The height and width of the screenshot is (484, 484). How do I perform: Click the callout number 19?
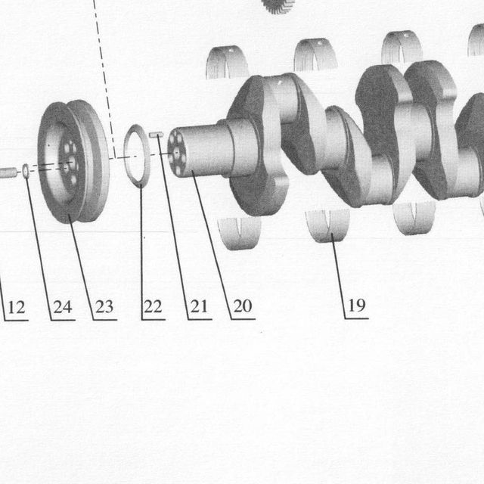(x=357, y=306)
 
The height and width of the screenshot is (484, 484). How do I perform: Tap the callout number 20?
(x=243, y=306)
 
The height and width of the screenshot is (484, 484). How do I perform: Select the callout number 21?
(x=198, y=306)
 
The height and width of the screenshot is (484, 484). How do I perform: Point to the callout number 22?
(x=153, y=306)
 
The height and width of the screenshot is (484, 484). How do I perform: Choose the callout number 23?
(x=104, y=307)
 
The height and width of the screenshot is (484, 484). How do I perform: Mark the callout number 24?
(x=63, y=307)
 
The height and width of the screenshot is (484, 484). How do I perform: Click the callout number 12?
(x=17, y=308)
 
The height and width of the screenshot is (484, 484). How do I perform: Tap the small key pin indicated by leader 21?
(x=156, y=135)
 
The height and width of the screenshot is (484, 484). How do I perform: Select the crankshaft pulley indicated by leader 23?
(x=73, y=161)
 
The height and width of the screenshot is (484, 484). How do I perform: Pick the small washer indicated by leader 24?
(x=26, y=171)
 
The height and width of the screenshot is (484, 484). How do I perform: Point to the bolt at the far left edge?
(x=8, y=172)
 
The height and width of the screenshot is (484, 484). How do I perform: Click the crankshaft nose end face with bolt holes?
(x=177, y=153)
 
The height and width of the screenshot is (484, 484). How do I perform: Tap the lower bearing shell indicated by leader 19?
(x=327, y=225)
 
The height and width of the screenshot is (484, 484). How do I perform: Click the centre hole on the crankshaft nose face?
(x=176, y=153)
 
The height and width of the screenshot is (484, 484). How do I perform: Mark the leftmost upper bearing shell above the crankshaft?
(x=227, y=62)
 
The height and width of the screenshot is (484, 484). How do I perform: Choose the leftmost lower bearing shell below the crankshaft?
(x=239, y=233)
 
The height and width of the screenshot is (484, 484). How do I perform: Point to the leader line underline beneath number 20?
(x=244, y=319)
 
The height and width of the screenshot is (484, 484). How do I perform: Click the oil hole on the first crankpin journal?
(x=280, y=82)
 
